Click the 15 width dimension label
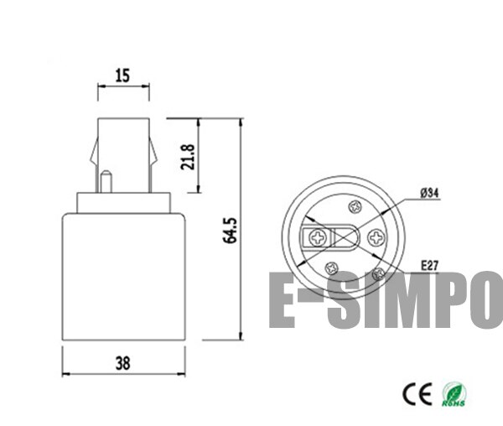coord(122,75)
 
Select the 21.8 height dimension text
coord(189,157)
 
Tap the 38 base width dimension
coord(122,363)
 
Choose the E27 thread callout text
coord(429,266)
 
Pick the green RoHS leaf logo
coord(455,392)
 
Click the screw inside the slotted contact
coord(319,237)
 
